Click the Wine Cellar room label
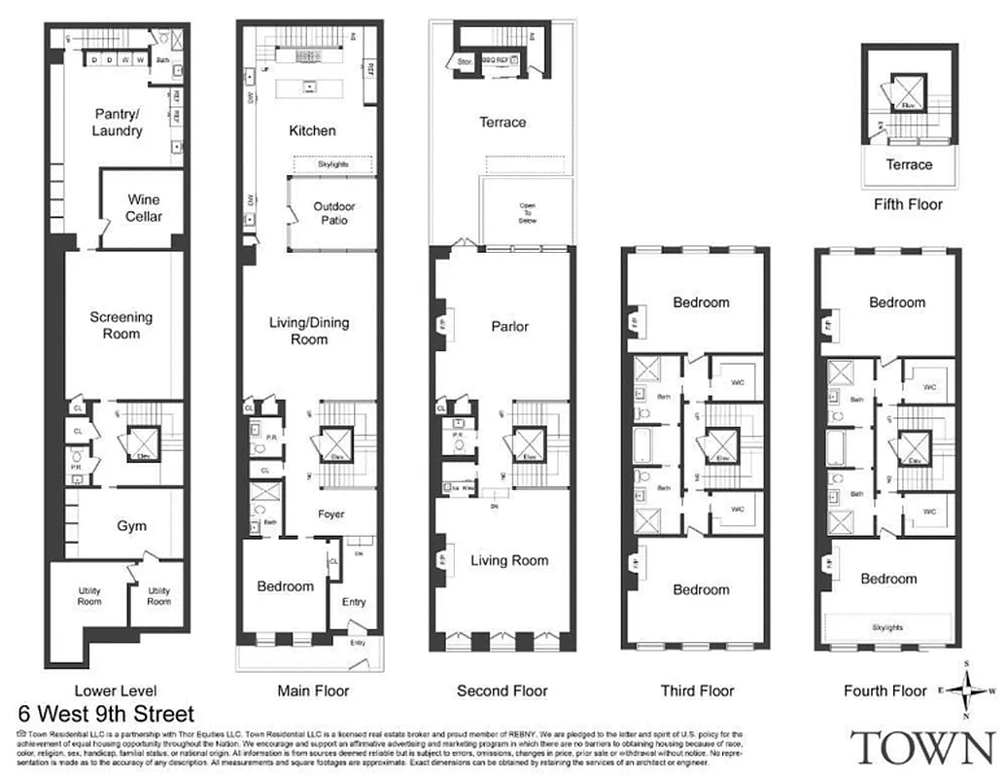click(x=144, y=208)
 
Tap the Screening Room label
click(x=121, y=325)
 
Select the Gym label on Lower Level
click(x=132, y=526)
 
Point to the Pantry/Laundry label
click(x=118, y=122)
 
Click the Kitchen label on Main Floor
click(x=312, y=130)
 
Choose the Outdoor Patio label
click(x=333, y=213)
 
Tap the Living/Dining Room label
click(x=309, y=331)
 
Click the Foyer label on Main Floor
click(x=331, y=514)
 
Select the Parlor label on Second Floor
click(x=509, y=326)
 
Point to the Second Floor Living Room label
click(x=509, y=560)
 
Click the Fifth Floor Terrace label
click(x=909, y=164)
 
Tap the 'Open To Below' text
click(x=528, y=213)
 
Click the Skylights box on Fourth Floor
click(x=886, y=627)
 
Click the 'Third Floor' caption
click(x=697, y=690)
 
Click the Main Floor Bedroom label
click(x=285, y=586)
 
